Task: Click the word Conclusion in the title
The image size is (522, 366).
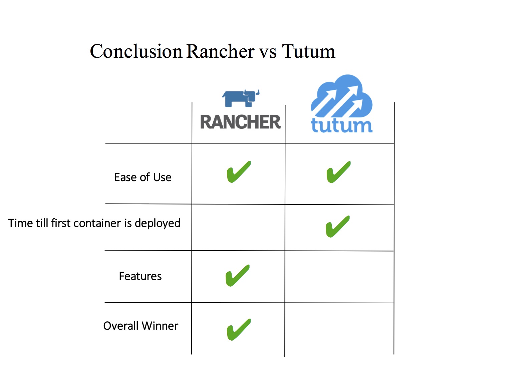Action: coord(136,52)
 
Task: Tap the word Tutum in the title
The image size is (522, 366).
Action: coord(308,52)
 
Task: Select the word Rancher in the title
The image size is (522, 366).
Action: coord(220,52)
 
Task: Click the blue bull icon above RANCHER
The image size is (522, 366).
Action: coord(241,98)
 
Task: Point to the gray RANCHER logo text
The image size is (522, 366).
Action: coord(240,122)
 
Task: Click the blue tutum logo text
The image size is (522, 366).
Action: coord(341,125)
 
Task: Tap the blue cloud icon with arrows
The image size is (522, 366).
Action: coord(341,97)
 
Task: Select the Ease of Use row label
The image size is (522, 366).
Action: coord(143,177)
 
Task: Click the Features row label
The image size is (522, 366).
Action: coord(140,276)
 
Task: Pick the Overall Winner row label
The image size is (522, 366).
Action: coord(141,326)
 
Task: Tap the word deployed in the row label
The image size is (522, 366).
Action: coord(157,223)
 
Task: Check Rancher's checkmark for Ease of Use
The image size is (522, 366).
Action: coord(239,172)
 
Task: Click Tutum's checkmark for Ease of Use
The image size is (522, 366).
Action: coord(338,172)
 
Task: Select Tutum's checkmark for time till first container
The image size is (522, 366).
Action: coord(337,227)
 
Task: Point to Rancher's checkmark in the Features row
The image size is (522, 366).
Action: coord(237,275)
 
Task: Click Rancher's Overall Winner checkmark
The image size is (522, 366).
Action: coord(239,329)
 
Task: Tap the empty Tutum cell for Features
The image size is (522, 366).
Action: coord(339,277)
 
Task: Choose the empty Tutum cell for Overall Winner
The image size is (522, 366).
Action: coord(339,329)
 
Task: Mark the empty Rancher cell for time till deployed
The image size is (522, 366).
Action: coord(238,227)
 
